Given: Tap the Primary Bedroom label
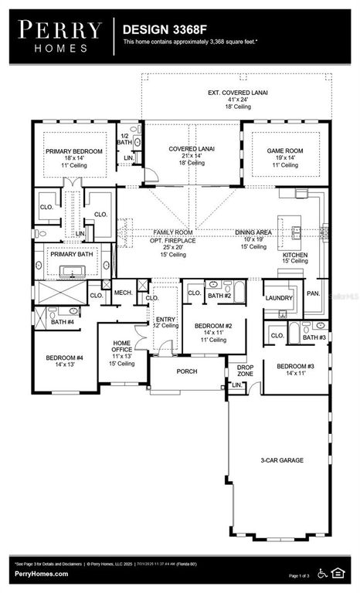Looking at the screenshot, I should click(69, 151).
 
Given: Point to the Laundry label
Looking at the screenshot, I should click(277, 297).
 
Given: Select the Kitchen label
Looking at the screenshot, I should click(295, 255).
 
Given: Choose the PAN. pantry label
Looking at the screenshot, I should click(314, 293).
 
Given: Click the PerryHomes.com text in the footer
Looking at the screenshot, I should click(40, 574).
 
